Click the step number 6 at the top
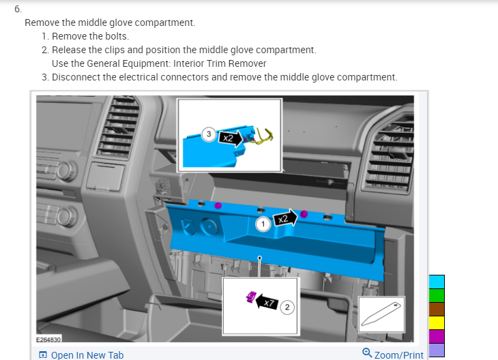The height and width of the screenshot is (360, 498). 17,10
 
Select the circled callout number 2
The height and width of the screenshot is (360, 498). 287,307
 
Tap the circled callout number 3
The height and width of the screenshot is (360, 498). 209,134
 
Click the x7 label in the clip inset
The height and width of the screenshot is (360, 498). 269,302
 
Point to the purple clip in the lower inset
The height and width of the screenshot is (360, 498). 250,296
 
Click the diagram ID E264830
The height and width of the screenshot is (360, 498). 49,339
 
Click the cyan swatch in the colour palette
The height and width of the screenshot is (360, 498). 437,282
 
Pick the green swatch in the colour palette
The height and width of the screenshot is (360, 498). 437,295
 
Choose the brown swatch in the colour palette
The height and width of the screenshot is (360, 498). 437,309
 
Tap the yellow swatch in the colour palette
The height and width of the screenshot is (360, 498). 437,322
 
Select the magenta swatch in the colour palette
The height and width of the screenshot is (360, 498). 437,336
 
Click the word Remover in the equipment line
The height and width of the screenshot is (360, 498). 248,63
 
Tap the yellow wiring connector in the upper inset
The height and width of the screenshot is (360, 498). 263,137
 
